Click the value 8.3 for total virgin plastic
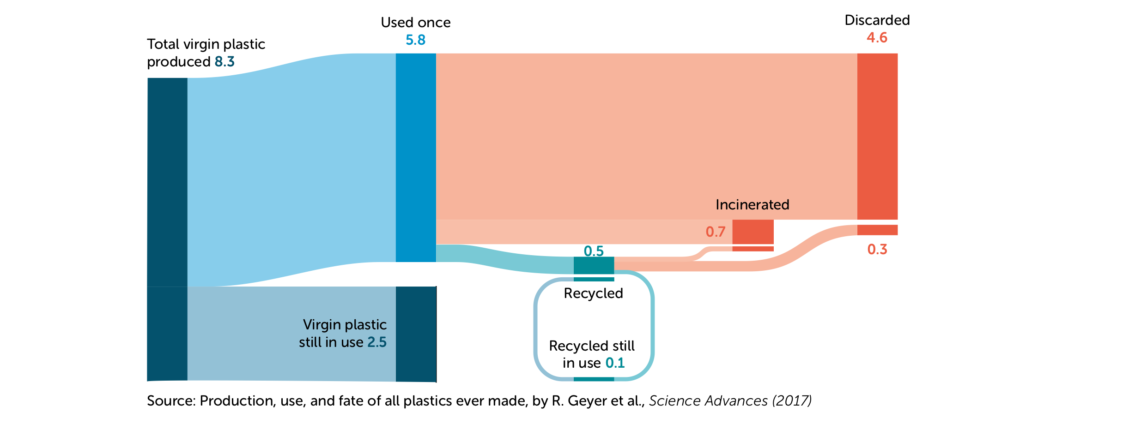pyautogui.click(x=225, y=61)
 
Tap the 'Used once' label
pyautogui.click(x=415, y=22)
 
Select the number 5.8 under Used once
pyautogui.click(x=415, y=40)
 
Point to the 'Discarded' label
pyautogui.click(x=877, y=20)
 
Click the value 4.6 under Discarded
pyautogui.click(x=877, y=38)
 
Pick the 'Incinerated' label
pyautogui.click(x=752, y=204)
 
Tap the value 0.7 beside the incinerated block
pyautogui.click(x=715, y=232)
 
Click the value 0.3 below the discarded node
pyautogui.click(x=877, y=250)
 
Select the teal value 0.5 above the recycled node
pyautogui.click(x=594, y=251)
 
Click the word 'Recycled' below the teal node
pyautogui.click(x=593, y=293)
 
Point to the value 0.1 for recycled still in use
pyautogui.click(x=615, y=363)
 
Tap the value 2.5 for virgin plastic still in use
pyautogui.click(x=376, y=342)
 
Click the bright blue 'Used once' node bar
pyautogui.click(x=416, y=157)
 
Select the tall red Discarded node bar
pyautogui.click(x=877, y=136)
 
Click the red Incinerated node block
pyautogui.click(x=753, y=232)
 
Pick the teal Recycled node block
pyautogui.click(x=594, y=265)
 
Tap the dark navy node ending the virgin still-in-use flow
pyautogui.click(x=416, y=334)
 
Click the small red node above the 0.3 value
pyautogui.click(x=877, y=230)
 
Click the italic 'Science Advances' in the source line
pyautogui.click(x=708, y=401)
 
